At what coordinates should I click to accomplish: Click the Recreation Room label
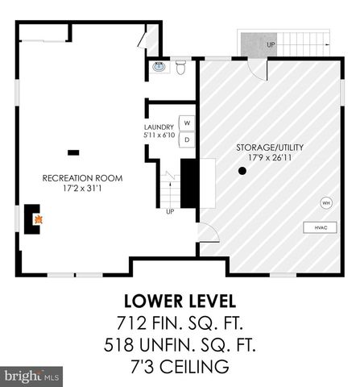72,177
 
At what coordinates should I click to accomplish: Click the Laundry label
158,126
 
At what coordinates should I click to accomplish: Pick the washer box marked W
187,123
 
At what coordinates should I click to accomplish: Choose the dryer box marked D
187,139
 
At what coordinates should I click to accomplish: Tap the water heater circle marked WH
326,202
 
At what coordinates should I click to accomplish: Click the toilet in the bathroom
180,68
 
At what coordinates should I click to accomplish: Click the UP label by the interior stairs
169,212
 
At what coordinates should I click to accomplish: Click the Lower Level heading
180,302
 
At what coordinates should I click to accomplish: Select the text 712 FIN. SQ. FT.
180,324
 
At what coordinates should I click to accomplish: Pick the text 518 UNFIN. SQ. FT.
180,347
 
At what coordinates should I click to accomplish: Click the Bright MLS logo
31,376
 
